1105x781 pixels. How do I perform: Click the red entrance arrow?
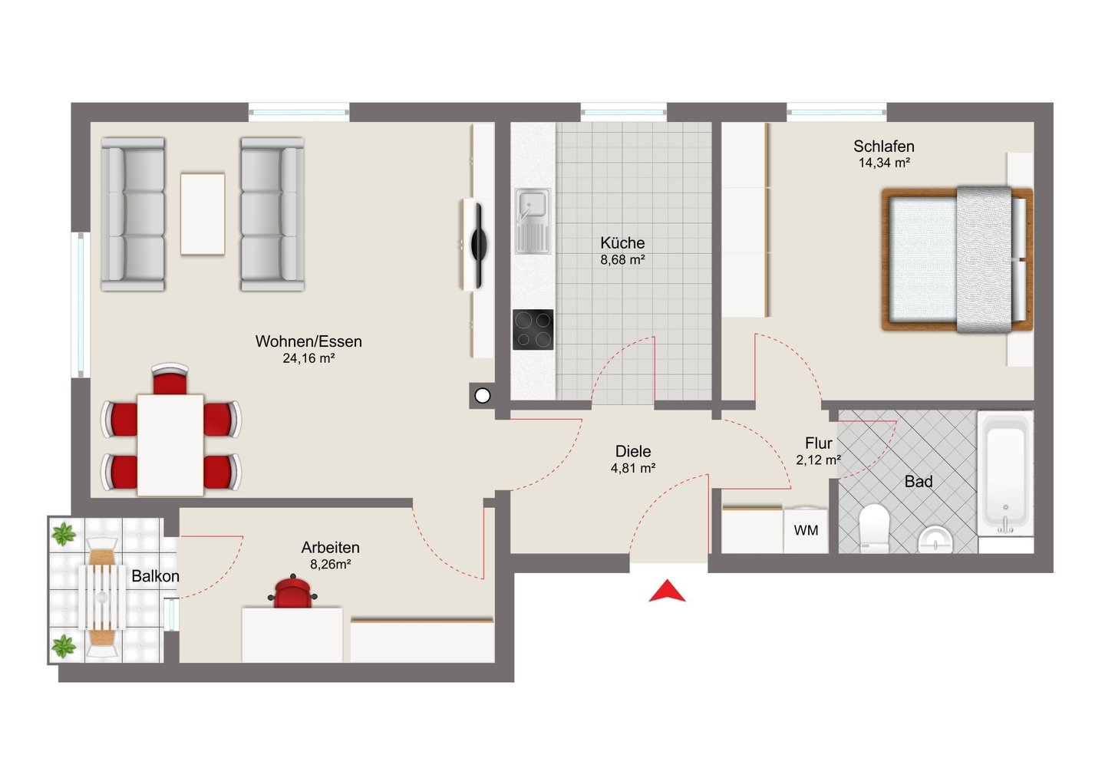point(666,592)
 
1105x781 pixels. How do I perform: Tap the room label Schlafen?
point(884,147)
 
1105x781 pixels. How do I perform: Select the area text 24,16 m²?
point(308,358)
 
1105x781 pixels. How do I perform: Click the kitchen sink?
point(533,221)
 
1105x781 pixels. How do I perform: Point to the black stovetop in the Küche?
point(533,329)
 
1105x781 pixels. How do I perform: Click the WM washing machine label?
point(806,531)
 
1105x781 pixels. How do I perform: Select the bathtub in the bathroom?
point(1005,475)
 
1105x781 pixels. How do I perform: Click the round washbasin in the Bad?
point(935,540)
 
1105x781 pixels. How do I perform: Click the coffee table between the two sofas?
point(203,214)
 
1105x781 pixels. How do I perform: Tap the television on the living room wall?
point(477,245)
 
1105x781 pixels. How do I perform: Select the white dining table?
point(170,445)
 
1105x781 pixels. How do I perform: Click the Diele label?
point(633,451)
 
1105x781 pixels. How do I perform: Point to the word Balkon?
point(155,576)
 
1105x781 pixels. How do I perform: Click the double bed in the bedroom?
point(957,259)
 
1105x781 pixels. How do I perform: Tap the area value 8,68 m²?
point(622,260)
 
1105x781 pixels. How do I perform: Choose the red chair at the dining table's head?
point(170,379)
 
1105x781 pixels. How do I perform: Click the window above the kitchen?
point(624,112)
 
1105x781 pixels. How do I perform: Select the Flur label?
point(818,443)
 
